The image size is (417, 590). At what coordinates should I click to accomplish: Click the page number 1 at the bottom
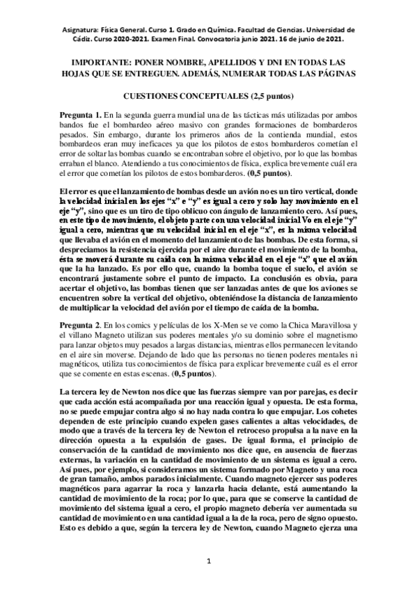coord(208,561)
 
